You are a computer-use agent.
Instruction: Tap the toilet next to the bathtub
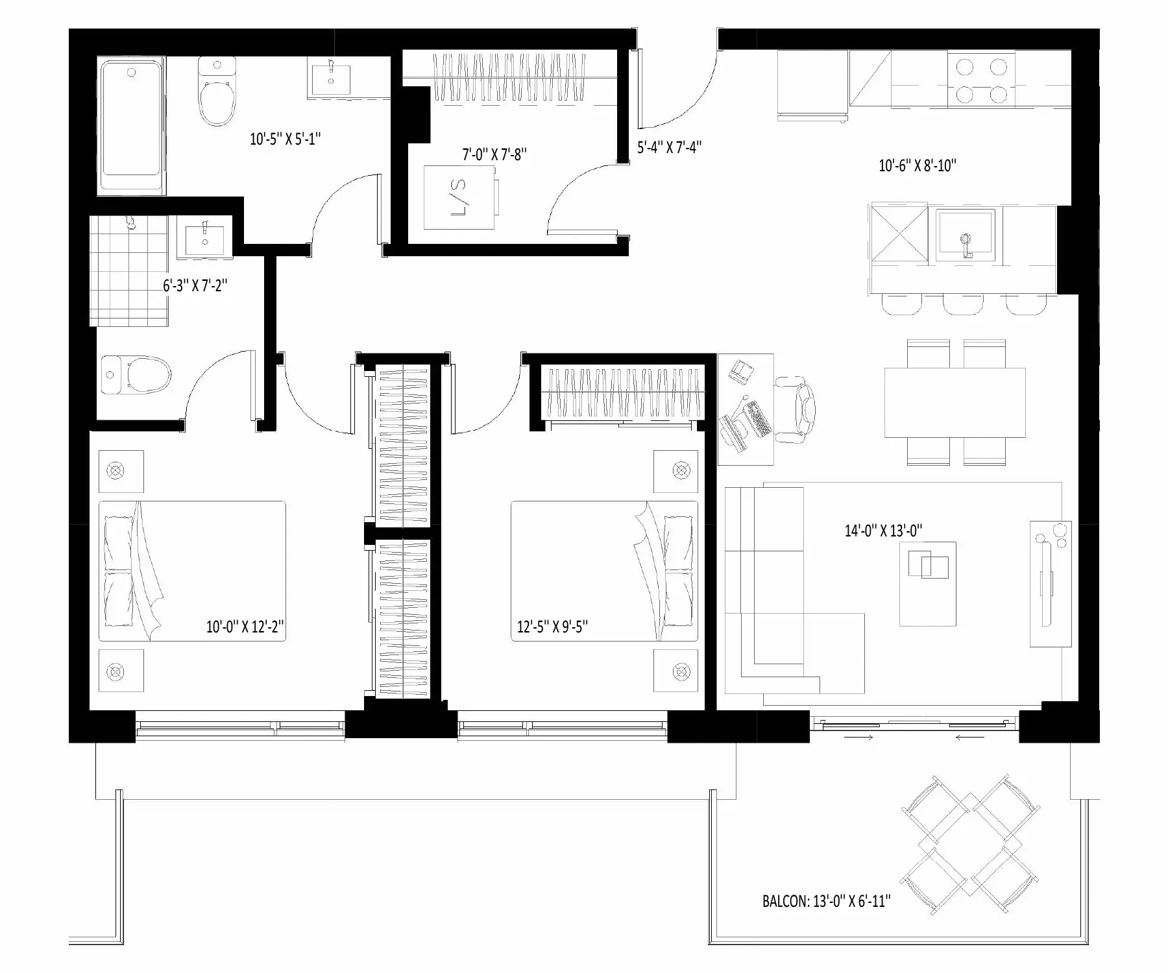click(217, 91)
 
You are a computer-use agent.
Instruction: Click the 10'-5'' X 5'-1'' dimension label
click(286, 139)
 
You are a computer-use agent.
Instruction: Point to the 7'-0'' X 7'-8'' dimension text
click(494, 155)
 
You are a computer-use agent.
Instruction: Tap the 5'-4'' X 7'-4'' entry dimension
click(669, 148)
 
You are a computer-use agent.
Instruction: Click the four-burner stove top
click(981, 80)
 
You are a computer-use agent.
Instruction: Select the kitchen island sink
click(966, 235)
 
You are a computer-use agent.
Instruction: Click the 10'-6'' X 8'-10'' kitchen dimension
click(918, 166)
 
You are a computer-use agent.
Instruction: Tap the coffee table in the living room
click(928, 584)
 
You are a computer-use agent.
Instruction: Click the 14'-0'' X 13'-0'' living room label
click(883, 531)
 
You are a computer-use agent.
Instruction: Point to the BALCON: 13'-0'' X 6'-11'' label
click(826, 901)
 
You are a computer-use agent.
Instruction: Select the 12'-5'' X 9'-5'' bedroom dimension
click(553, 627)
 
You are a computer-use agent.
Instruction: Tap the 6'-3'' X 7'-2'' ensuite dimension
click(195, 285)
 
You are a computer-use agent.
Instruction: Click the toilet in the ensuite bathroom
click(136, 375)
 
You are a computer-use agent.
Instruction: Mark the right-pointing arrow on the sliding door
click(858, 737)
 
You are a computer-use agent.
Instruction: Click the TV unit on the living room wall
click(1051, 584)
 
